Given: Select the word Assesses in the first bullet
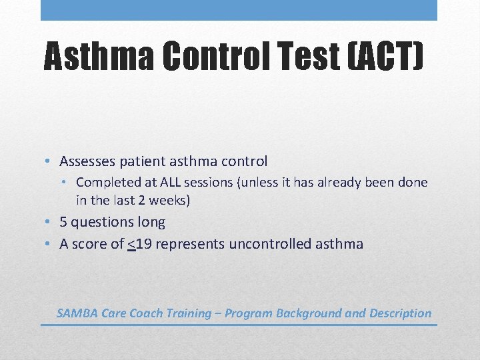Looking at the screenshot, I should (x=87, y=161).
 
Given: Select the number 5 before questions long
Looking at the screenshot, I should (x=63, y=222).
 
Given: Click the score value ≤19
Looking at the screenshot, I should (x=137, y=244).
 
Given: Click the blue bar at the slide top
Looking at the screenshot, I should (x=239, y=10).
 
